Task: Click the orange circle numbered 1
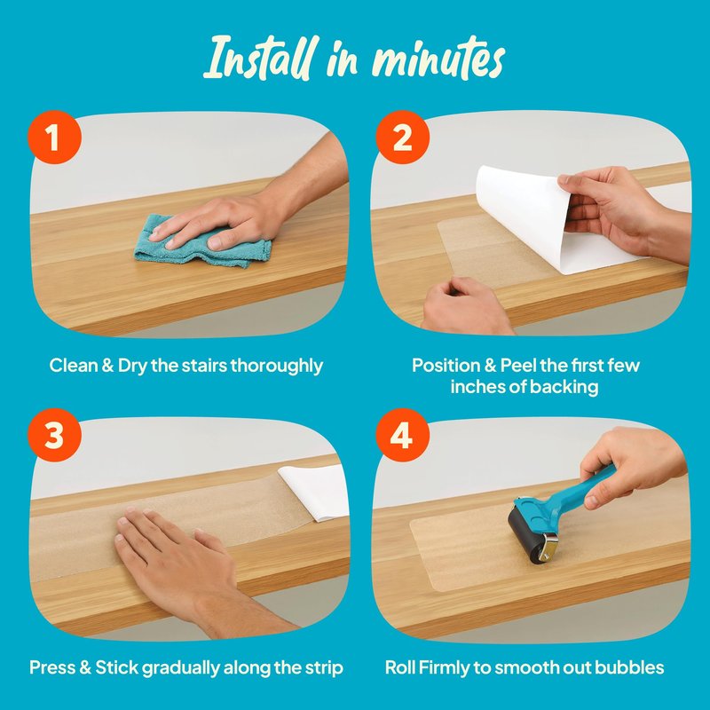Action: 54,138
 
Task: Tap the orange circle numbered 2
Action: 403,138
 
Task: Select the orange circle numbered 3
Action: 54,435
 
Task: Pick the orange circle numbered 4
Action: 403,435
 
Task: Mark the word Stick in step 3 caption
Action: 116,667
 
